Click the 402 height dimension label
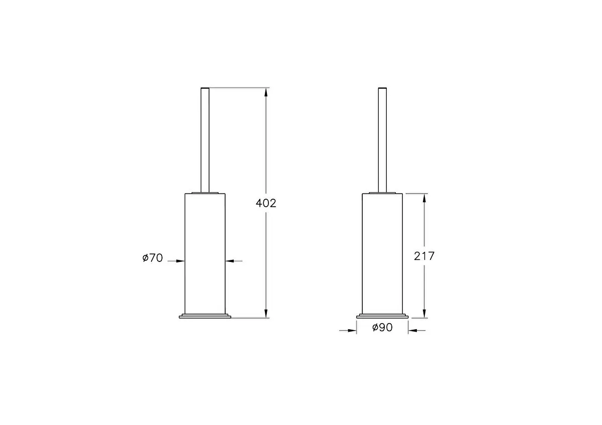pyautogui.click(x=266, y=203)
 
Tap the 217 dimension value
pyautogui.click(x=424, y=256)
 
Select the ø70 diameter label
pyautogui.click(x=153, y=258)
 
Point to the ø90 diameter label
pyautogui.click(x=382, y=328)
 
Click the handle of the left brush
pyautogui.click(x=205, y=140)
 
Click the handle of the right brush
pyautogui.click(x=382, y=140)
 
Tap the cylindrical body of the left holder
pyautogui.click(x=205, y=253)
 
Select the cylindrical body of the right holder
pyautogui.click(x=382, y=253)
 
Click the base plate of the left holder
pyautogui.click(x=205, y=316)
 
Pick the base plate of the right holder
pyautogui.click(x=382, y=316)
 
